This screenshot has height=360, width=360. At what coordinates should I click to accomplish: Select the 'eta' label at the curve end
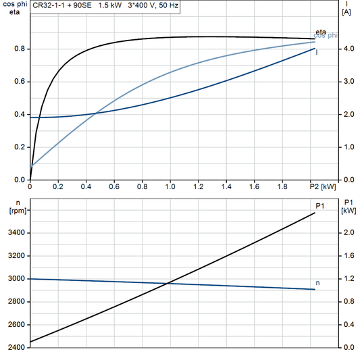click(321, 32)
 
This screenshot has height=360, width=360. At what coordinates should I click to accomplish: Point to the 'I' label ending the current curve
click(317, 51)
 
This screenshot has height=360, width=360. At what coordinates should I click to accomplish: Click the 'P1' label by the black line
click(320, 206)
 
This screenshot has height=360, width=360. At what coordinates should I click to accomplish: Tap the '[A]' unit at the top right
click(346, 12)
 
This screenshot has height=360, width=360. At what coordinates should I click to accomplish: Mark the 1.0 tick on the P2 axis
click(170, 186)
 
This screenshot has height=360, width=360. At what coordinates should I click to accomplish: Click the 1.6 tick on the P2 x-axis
click(254, 186)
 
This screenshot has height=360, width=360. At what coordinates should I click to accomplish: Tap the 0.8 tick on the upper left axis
click(19, 49)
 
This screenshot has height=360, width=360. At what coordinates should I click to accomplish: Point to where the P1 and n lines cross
click(167, 282)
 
